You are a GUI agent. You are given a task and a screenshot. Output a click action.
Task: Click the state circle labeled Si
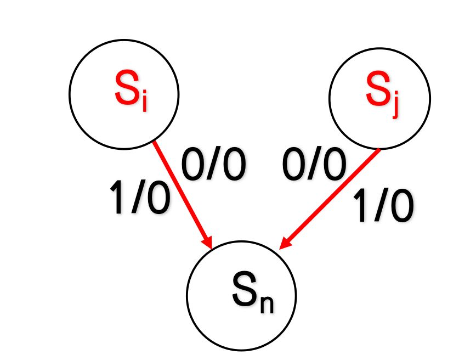pos(124,94)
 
